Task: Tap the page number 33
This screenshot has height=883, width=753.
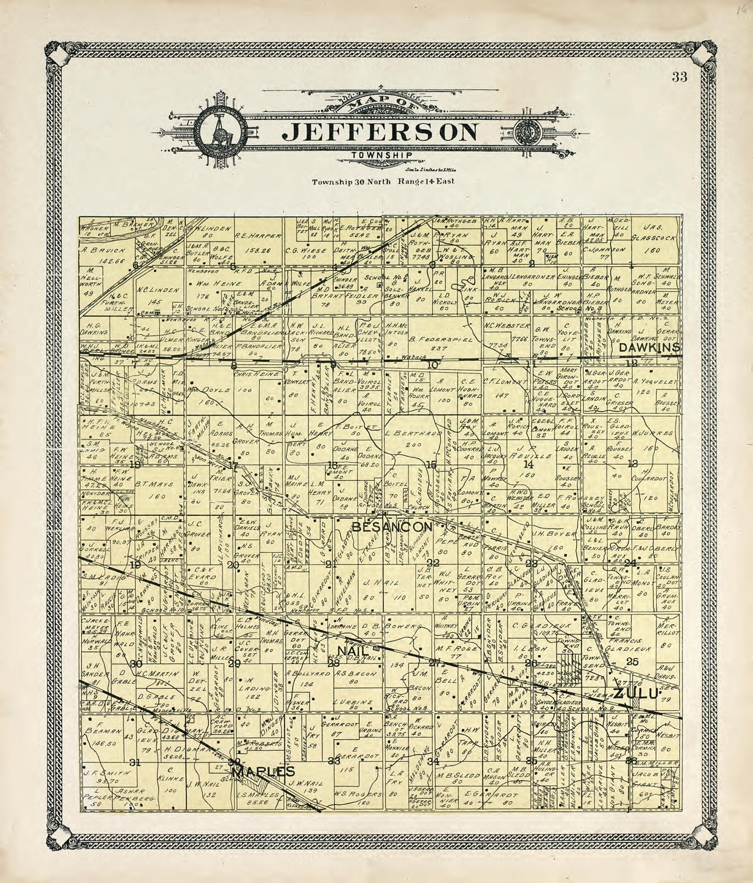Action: (x=680, y=77)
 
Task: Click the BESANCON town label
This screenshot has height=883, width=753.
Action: (x=392, y=527)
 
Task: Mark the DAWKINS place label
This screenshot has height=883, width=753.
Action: (x=649, y=348)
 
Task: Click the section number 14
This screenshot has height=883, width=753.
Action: (x=528, y=465)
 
